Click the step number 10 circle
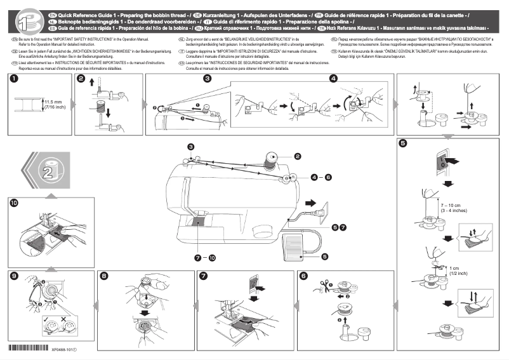pos(14,204)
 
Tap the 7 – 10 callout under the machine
pos(205,257)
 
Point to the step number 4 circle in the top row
pos(334,79)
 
